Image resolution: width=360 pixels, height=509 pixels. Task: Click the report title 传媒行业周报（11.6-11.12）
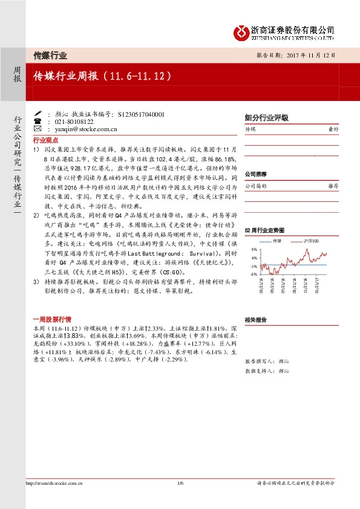pyautogui.click(x=102, y=77)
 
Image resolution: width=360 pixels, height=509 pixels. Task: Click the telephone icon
pyautogui.click(x=38, y=121)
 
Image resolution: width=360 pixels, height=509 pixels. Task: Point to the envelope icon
pyautogui.click(x=38, y=129)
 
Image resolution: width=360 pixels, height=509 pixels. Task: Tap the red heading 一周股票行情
pyautogui.click(x=51, y=319)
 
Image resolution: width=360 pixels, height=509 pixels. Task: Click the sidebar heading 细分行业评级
pyautogui.click(x=266, y=118)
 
